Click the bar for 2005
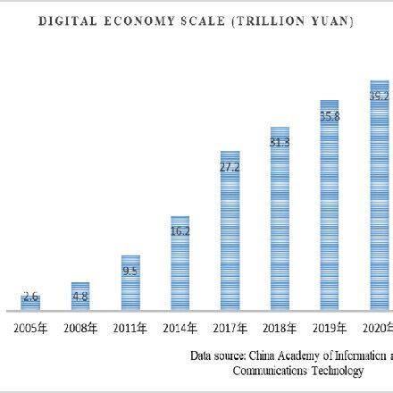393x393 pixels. pyautogui.click(x=30, y=301)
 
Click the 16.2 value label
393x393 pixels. pyautogui.click(x=180, y=230)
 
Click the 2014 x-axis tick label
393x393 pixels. pyautogui.click(x=180, y=329)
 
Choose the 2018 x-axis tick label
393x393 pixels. pyautogui.click(x=280, y=329)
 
